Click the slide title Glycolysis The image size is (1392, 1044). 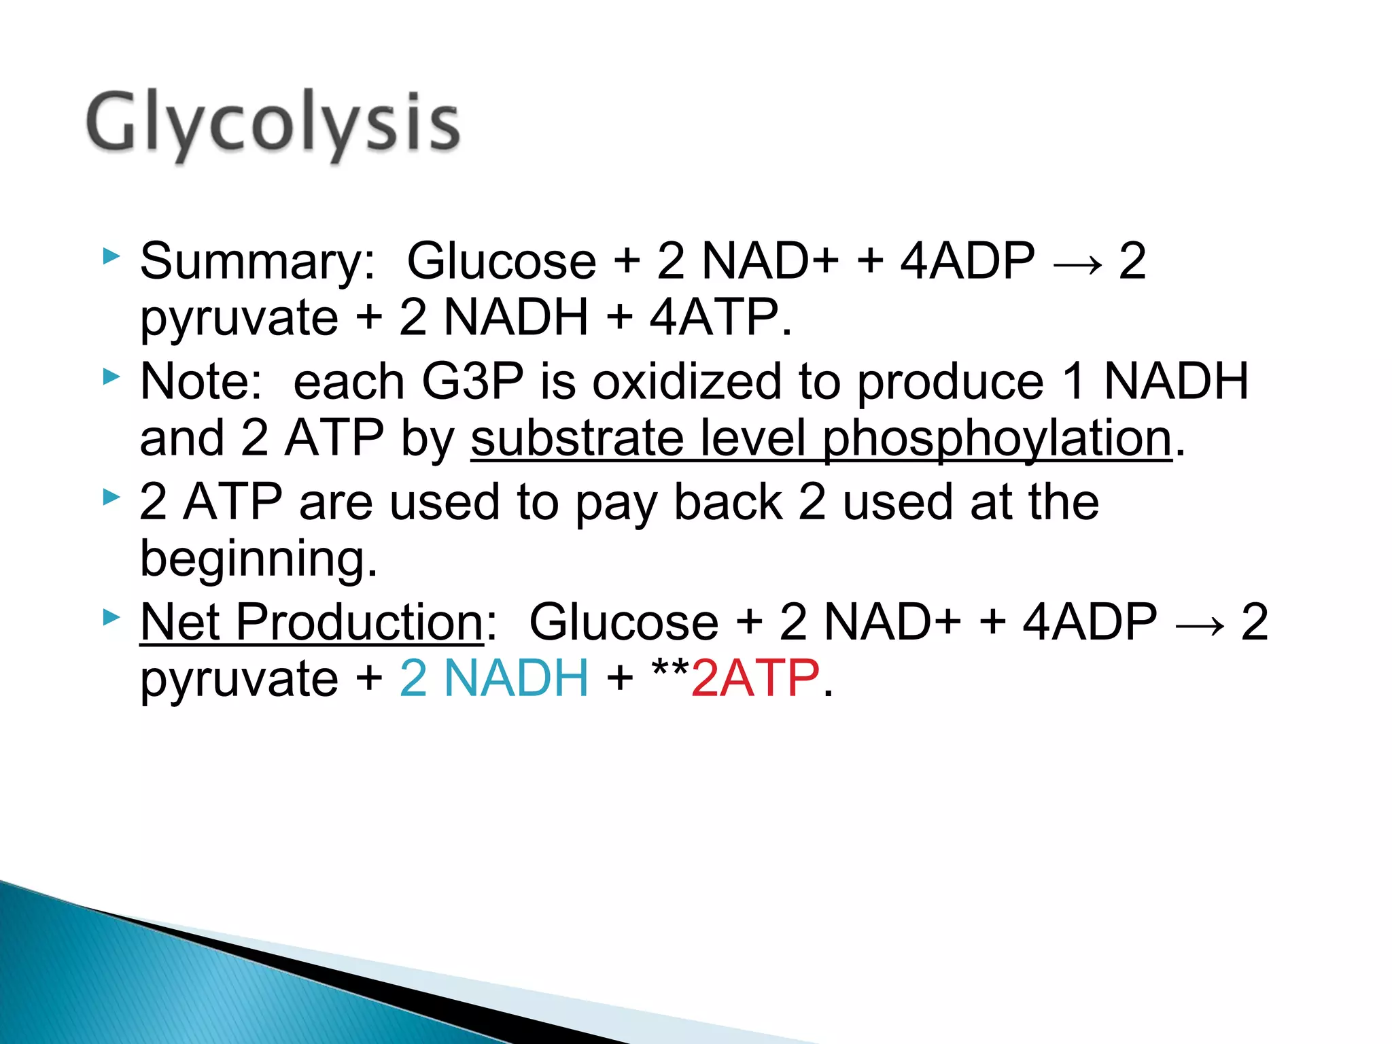(x=273, y=124)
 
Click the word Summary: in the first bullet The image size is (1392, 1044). (x=257, y=261)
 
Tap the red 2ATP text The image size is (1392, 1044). (x=755, y=678)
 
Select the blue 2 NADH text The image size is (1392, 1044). (x=494, y=678)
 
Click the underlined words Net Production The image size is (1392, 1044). (x=311, y=622)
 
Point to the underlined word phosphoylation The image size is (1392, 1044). (x=997, y=438)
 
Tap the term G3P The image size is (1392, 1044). (x=473, y=381)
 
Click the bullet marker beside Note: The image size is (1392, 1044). (x=111, y=377)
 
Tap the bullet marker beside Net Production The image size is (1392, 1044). (x=111, y=618)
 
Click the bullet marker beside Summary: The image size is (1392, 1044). (x=111, y=257)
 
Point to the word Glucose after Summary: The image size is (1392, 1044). (x=501, y=261)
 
